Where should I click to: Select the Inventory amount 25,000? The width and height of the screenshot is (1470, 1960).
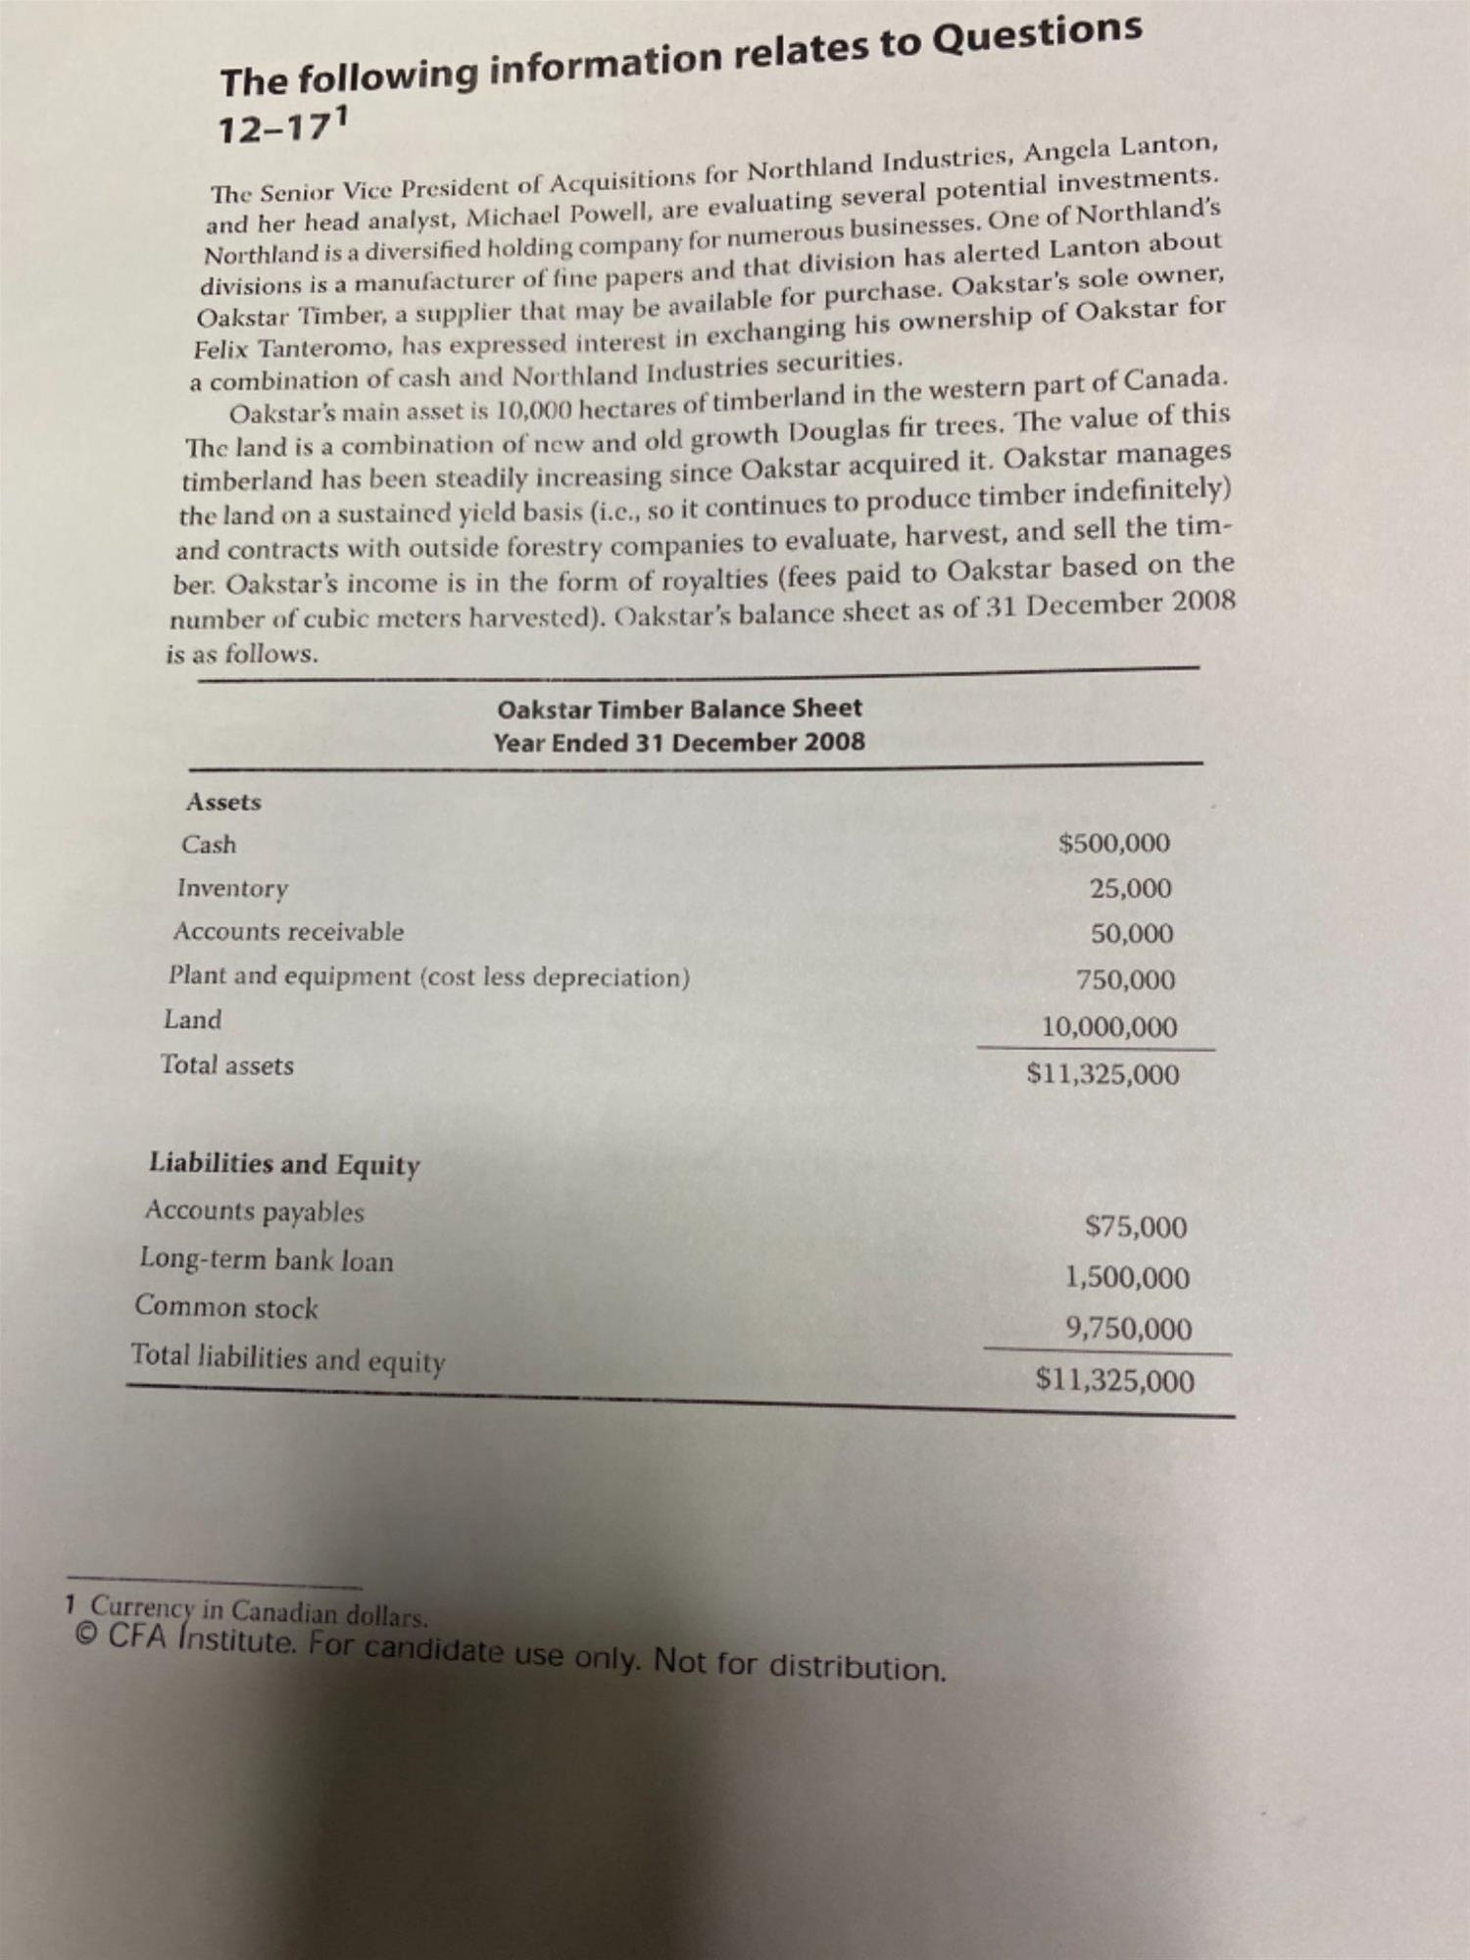[x=1130, y=889]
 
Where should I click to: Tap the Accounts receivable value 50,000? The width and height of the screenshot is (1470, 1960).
[x=1132, y=934]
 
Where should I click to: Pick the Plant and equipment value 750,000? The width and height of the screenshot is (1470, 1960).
[x=1125, y=980]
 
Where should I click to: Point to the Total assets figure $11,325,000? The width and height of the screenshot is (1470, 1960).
[x=1102, y=1075]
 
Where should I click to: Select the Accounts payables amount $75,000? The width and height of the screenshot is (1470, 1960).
[x=1136, y=1227]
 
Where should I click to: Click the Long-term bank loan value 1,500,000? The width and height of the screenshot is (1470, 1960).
[x=1127, y=1278]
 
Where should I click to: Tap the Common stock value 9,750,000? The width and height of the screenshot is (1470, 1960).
[x=1129, y=1330]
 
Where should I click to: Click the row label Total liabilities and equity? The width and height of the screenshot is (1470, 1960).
[x=288, y=1358]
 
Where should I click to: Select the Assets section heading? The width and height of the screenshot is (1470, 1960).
[x=223, y=802]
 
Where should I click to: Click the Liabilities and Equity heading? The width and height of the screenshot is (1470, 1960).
[x=284, y=1164]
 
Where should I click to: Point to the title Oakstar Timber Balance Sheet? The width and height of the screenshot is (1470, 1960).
[x=679, y=709]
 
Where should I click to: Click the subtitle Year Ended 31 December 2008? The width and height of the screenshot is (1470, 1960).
[x=679, y=742]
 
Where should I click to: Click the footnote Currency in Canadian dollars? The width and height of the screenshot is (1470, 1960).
[x=259, y=1612]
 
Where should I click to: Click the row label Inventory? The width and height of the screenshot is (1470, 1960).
[x=232, y=888]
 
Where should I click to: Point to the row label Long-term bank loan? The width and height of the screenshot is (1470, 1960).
[x=267, y=1259]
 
